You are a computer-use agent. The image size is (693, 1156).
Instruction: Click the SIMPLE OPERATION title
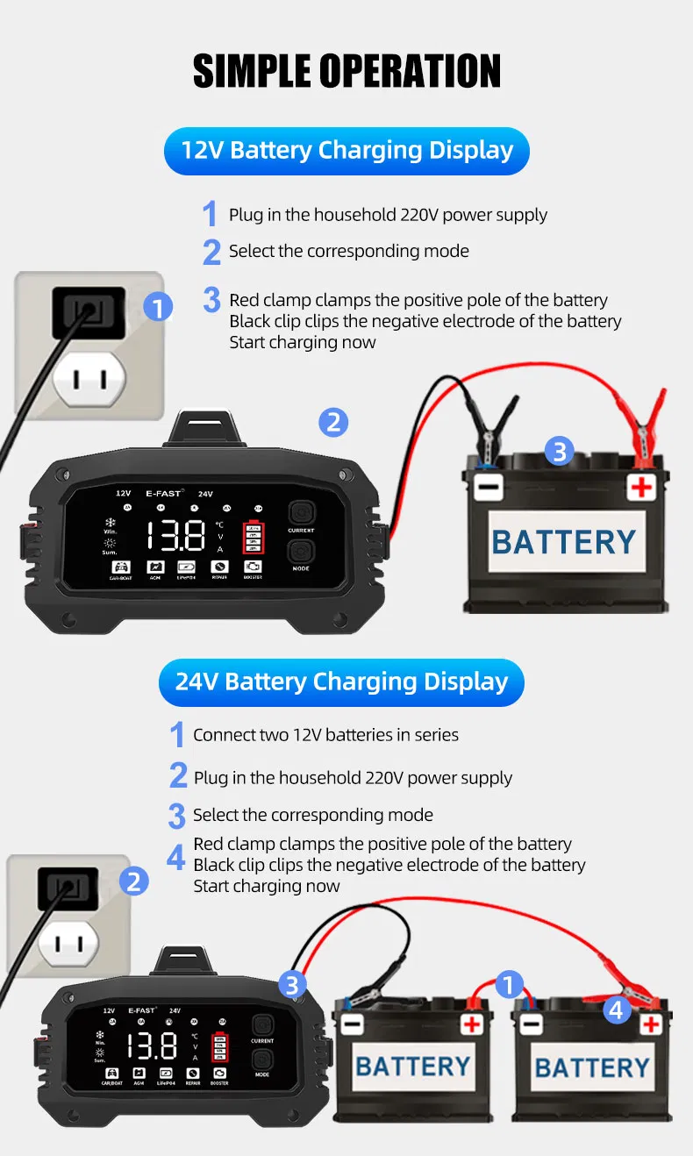pos(346,70)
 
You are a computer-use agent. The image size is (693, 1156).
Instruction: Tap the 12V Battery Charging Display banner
pos(346,150)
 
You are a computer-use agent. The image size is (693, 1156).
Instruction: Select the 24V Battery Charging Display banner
pos(341,681)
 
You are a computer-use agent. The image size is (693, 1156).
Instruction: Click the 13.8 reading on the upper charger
pos(175,535)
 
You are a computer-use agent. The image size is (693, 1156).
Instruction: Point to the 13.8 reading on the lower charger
pos(152,1045)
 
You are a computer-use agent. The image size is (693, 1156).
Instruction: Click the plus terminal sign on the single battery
pos(642,487)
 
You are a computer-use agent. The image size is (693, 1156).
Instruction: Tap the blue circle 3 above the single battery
pos(560,452)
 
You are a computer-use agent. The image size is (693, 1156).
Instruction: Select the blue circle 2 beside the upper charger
pos(332,423)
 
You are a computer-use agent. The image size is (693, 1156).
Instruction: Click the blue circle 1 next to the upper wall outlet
pos(158,307)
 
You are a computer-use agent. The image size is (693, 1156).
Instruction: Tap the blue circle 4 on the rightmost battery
pos(617,1010)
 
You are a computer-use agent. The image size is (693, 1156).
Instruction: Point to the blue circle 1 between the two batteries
pos(509,984)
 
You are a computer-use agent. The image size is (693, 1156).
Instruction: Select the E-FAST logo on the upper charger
pos(164,494)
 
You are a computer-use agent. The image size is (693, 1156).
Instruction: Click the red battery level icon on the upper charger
pos(254,535)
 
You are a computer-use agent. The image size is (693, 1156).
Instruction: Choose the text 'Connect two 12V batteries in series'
pos(325,735)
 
